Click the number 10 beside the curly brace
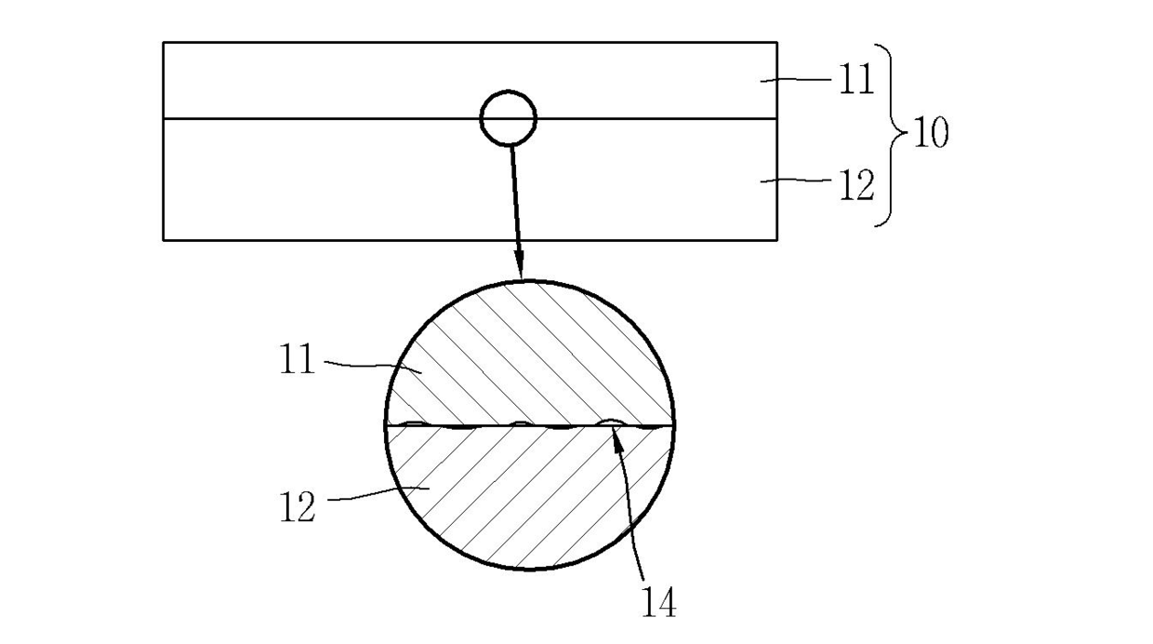tap(931, 132)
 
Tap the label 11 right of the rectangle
tap(856, 79)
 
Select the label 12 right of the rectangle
tap(856, 185)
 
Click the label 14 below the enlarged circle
tap(659, 602)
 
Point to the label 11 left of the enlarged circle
tap(297, 359)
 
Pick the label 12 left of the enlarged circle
tap(297, 507)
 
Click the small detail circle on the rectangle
tap(509, 91)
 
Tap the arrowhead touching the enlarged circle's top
tap(520, 266)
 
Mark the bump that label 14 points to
tap(611, 422)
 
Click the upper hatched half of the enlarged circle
tap(530, 356)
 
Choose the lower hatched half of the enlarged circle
tap(530, 494)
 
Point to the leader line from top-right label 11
tap(796, 80)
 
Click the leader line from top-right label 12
tap(796, 181)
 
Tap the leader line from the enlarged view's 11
tap(372, 366)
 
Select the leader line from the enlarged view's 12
tap(378, 493)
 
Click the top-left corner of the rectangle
tap(164, 43)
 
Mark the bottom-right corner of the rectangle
tap(776, 239)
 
